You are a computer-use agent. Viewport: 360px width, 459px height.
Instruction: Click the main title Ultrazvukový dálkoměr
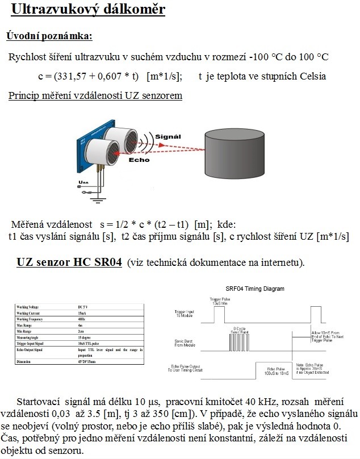click(x=88, y=10)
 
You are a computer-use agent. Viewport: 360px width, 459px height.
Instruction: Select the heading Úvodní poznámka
click(x=49, y=36)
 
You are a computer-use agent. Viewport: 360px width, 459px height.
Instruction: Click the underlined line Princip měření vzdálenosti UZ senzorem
click(x=95, y=95)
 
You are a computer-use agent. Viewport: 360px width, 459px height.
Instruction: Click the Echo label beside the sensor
click(x=139, y=160)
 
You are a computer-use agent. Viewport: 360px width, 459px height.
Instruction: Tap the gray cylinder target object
click(x=236, y=153)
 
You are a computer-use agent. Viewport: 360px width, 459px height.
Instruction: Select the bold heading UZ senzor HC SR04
click(x=69, y=264)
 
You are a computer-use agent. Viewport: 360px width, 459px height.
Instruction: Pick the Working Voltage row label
click(x=32, y=307)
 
